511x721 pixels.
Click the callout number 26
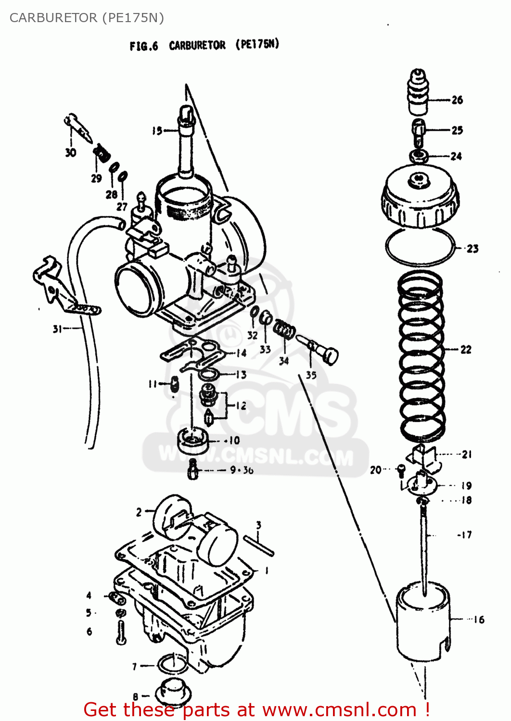pos(457,100)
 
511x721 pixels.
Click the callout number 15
pos(157,130)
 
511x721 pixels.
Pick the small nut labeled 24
pos(420,156)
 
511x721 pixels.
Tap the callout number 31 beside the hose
pos(58,329)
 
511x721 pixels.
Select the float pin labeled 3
pos(259,546)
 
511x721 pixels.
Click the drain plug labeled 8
pos(174,693)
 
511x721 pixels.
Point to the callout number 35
pos(311,375)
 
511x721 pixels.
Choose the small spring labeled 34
pos(284,330)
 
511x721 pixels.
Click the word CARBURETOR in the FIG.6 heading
pos(197,45)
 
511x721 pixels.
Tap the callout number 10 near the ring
pos(234,440)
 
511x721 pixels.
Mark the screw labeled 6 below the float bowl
pos(121,632)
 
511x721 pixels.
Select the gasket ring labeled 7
pos(172,665)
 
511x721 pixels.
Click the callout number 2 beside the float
pos(139,512)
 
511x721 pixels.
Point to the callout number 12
pos(241,406)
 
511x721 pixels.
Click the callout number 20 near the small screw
pos(375,470)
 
